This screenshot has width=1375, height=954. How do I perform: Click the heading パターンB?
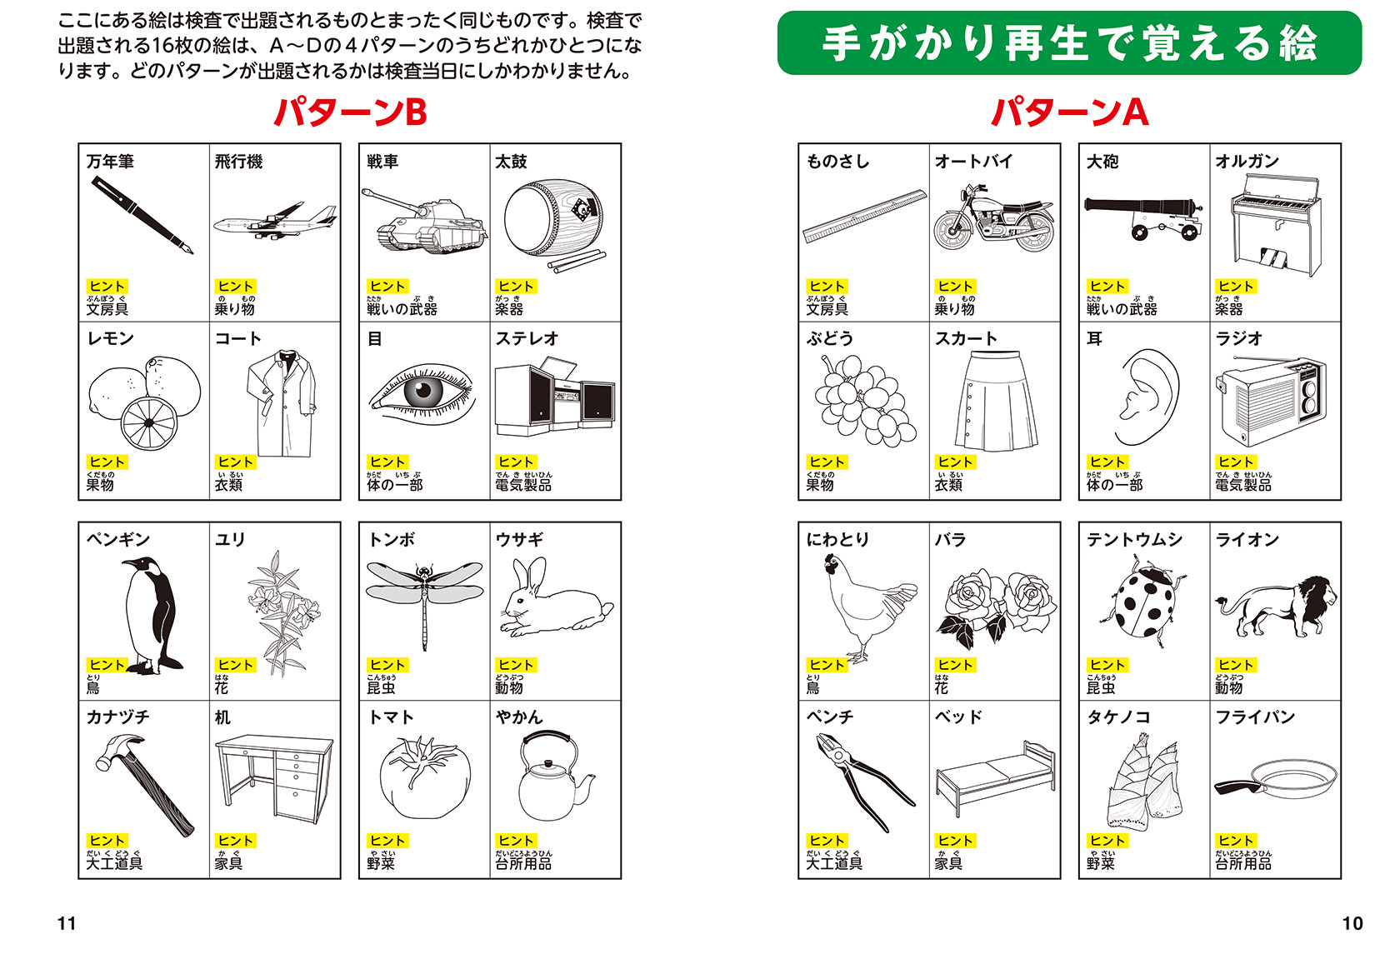click(x=350, y=112)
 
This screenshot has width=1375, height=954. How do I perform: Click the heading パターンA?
click(x=1069, y=112)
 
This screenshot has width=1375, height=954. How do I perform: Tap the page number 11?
click(x=67, y=923)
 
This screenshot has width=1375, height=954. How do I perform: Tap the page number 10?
click(x=1352, y=923)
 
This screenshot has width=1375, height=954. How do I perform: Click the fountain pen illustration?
click(x=142, y=215)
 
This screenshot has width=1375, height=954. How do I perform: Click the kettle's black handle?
click(x=547, y=740)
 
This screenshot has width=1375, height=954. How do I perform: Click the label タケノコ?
click(x=1118, y=717)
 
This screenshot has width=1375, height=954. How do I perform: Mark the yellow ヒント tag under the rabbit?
click(x=516, y=665)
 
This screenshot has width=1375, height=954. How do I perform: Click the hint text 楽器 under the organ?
click(x=1228, y=309)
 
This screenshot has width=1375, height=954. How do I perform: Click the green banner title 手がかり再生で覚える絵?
click(x=1069, y=43)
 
